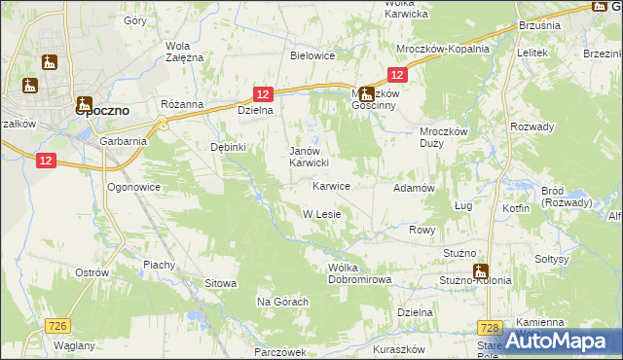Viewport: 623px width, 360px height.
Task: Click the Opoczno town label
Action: [x=104, y=111]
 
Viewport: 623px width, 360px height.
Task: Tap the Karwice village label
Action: [x=331, y=185]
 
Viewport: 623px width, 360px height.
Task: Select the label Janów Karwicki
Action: [x=312, y=157]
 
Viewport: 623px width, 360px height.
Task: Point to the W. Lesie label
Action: [x=320, y=214]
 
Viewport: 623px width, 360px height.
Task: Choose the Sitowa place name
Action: [x=220, y=283]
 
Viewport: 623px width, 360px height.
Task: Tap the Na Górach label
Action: [x=282, y=302]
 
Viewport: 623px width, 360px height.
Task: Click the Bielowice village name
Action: [x=312, y=55]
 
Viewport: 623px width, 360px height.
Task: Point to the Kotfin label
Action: [x=516, y=208]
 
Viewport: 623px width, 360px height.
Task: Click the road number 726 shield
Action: [x=57, y=326]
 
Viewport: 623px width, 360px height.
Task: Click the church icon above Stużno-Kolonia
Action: [x=480, y=271]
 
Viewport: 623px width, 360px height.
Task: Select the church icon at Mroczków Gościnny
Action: [x=365, y=94]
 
